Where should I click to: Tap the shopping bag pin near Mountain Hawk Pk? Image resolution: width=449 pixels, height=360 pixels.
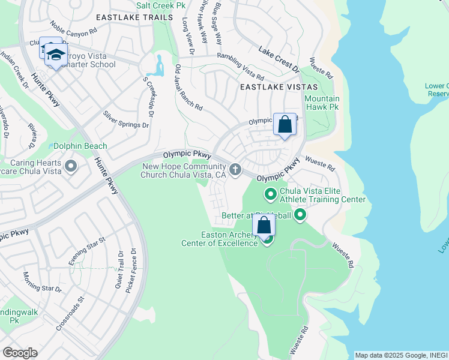click(x=285, y=125)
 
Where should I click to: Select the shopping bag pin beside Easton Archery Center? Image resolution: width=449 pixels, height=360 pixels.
click(x=264, y=226)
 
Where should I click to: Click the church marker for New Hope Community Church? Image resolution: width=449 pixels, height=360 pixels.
click(x=235, y=169)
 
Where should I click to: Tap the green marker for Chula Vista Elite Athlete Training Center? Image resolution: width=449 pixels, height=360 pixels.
click(x=270, y=193)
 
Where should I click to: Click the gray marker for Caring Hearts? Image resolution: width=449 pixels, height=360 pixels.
click(x=71, y=166)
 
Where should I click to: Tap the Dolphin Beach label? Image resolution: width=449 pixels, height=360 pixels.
click(x=80, y=146)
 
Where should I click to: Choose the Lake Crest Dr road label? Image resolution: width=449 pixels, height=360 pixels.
click(x=279, y=60)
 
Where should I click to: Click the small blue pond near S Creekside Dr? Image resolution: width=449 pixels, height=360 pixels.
click(x=158, y=65)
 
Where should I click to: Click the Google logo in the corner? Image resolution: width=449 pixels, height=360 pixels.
click(x=20, y=353)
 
